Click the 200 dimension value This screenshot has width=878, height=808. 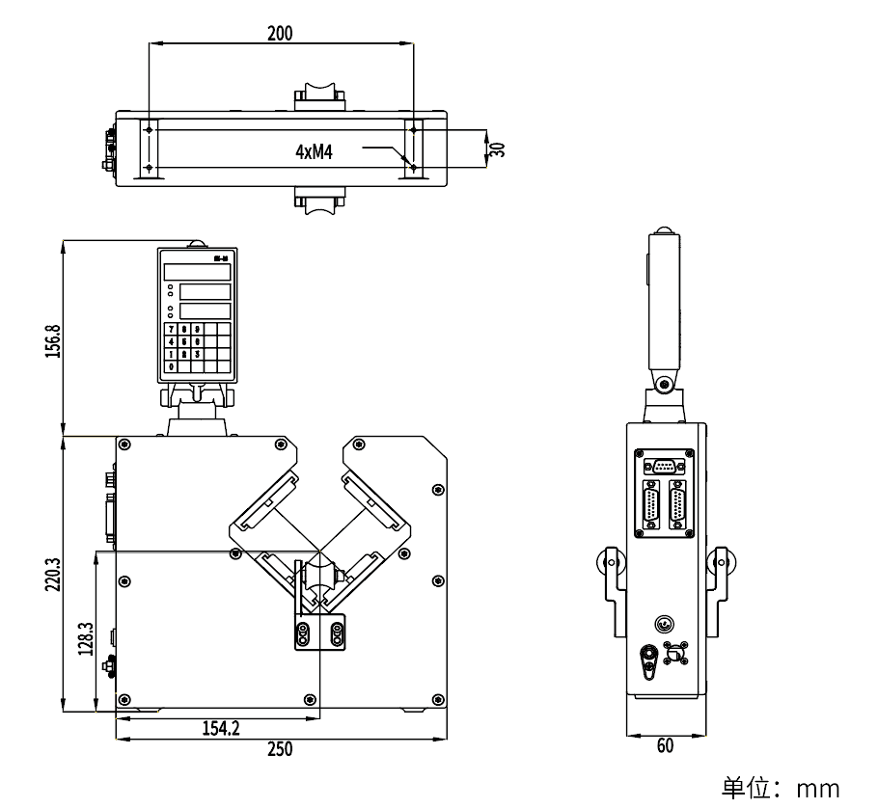(279, 33)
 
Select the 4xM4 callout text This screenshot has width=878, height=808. (315, 151)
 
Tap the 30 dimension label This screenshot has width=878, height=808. (498, 148)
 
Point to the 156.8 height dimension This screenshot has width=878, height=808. (54, 340)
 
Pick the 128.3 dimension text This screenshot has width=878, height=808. (85, 637)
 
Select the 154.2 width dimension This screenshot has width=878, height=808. (221, 728)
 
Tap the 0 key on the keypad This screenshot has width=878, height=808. (172, 366)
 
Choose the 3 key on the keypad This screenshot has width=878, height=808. (197, 354)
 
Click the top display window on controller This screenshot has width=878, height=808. (197, 272)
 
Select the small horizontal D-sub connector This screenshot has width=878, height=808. (664, 466)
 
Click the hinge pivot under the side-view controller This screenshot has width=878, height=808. (665, 386)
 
